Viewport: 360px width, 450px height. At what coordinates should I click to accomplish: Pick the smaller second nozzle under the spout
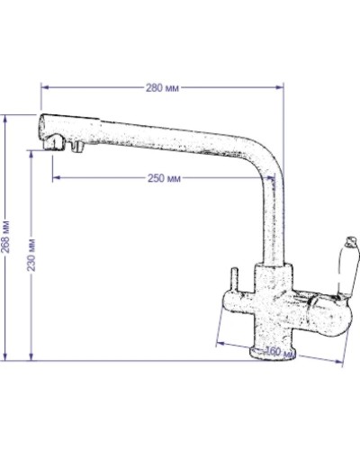click(x=78, y=145)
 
